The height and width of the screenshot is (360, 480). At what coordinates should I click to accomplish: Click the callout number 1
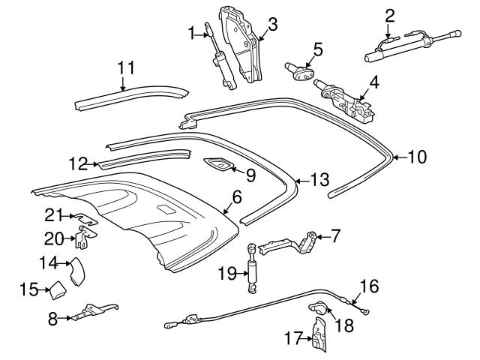click(191, 32)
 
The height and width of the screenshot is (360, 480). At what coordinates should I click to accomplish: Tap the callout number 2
click(389, 14)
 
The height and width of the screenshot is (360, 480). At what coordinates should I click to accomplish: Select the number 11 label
click(126, 67)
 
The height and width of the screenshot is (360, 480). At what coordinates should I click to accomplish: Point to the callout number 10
click(416, 157)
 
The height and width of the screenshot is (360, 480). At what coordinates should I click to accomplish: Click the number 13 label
click(319, 180)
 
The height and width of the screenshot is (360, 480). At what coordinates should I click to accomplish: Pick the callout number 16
click(369, 285)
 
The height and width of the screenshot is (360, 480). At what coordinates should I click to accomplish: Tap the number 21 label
click(51, 216)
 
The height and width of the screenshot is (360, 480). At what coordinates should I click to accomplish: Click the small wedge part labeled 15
click(58, 289)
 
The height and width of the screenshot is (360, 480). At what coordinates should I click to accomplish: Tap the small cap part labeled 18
click(318, 307)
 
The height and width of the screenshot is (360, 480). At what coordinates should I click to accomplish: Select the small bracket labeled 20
click(87, 239)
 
